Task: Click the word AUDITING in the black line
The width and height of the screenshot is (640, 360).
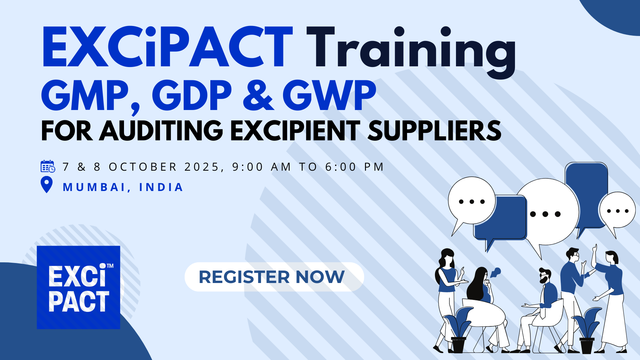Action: tap(161, 131)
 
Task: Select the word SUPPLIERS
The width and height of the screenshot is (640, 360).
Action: tap(435, 131)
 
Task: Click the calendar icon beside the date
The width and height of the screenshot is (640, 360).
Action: tap(48, 166)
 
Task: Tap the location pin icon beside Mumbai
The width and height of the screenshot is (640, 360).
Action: tap(47, 185)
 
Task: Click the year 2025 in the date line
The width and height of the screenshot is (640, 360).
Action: tap(202, 167)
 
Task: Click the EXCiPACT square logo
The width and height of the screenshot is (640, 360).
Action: tap(78, 287)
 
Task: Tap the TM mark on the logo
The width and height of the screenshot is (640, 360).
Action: tap(110, 266)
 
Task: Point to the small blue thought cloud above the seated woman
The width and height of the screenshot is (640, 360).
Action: tap(495, 273)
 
